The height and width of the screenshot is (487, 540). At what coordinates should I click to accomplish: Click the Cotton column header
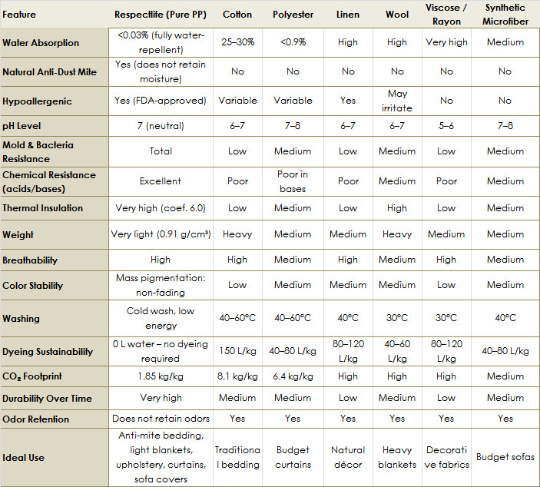(237, 15)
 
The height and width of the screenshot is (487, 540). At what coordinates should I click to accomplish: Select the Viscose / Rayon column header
(446, 15)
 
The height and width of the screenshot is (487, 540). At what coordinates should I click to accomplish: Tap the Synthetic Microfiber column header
(505, 15)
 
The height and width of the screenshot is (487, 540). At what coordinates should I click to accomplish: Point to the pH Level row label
(27, 124)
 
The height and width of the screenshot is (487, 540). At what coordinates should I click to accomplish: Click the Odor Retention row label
(36, 419)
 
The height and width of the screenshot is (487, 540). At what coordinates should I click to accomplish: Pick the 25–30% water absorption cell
(237, 42)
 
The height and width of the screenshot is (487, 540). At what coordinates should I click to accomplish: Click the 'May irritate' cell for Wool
(397, 101)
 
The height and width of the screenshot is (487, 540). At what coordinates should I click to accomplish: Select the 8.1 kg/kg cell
(237, 376)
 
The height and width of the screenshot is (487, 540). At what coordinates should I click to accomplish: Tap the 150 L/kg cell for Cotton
(237, 351)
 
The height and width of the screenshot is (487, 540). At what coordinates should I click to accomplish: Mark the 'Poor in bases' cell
(293, 181)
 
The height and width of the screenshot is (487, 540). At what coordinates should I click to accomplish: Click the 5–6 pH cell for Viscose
(446, 124)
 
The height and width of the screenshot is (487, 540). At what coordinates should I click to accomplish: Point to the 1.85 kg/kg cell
(161, 376)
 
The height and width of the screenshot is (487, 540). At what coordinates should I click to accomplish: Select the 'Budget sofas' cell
(505, 457)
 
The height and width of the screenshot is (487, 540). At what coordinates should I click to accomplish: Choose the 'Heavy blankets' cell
(397, 457)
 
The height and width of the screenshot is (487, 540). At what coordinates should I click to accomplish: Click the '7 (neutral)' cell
(161, 124)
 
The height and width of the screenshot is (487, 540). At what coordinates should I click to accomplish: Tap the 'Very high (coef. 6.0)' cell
(161, 208)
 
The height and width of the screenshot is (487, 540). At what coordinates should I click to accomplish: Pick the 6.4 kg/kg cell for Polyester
(293, 376)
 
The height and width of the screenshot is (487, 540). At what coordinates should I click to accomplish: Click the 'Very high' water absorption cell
(446, 42)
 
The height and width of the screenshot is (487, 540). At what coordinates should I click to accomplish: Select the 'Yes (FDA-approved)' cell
(161, 101)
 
